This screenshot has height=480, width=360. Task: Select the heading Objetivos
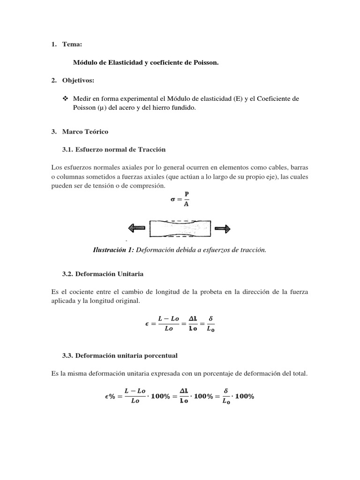[78, 81]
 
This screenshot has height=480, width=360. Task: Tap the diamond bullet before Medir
[65, 98]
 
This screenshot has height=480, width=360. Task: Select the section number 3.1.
[69, 150]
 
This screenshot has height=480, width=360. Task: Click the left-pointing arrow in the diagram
[136, 228]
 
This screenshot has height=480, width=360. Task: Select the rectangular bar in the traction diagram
[180, 228]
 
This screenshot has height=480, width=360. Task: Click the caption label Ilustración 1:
[114, 250]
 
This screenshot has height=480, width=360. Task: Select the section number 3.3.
[69, 355]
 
